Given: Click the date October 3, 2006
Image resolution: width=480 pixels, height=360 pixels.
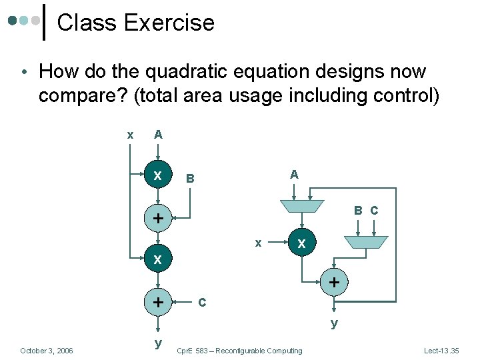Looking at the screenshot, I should tap(47, 351).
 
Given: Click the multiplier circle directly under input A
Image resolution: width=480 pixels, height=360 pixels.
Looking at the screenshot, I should tap(158, 176).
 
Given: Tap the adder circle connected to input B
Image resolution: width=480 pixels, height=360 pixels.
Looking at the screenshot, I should tap(158, 219).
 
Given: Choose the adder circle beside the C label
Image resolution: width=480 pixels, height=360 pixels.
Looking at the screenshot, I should tap(158, 302).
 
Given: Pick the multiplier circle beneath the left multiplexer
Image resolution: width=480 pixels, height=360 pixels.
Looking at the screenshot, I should tap(301, 244).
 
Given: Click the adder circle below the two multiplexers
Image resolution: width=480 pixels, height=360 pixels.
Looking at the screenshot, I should tap(334, 283).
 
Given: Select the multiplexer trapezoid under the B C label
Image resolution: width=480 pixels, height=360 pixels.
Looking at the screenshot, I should tap(365, 241).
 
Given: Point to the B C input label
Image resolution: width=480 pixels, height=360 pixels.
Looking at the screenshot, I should tap(366, 211).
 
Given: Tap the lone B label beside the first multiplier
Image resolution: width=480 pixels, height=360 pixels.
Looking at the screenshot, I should tap(190, 179).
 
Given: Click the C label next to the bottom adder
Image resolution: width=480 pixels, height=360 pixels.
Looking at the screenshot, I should tap(203, 303).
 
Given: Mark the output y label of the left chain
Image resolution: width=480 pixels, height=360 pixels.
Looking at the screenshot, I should tap(158, 343).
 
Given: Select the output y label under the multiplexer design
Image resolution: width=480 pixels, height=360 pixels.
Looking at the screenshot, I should tap(334, 323).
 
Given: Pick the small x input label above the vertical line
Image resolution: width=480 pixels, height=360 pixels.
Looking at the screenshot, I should tap(130, 135).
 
